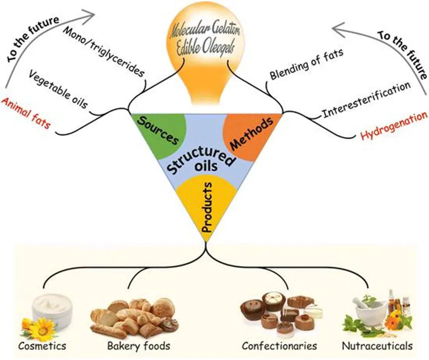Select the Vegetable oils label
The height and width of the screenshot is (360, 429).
[58, 89]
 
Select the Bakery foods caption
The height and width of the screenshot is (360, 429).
[138, 345]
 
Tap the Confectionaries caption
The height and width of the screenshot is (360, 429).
[279, 345]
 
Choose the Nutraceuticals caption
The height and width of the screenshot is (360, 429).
[377, 345]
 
